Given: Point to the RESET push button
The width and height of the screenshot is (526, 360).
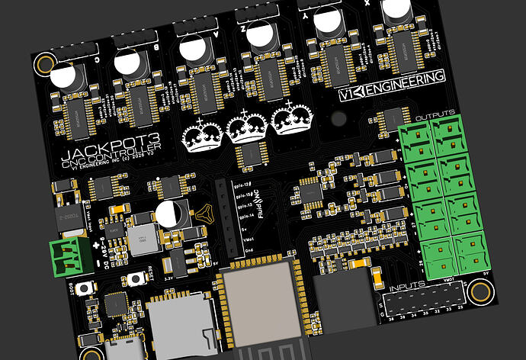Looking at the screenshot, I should click(x=138, y=278).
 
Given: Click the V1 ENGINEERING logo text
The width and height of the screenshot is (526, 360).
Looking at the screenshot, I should click(x=392, y=86).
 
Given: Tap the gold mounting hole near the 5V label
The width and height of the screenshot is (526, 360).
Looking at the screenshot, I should click(x=480, y=291).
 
